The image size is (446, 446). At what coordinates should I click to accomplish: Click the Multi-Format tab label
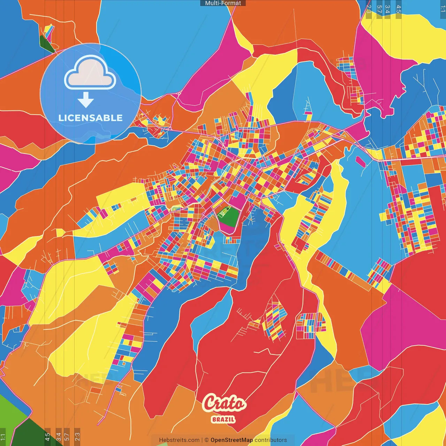coord(223,3)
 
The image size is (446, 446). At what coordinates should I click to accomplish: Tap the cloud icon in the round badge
coord(90,72)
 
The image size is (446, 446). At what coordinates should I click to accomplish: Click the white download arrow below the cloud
coord(86,100)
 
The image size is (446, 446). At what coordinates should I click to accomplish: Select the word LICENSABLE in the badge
coord(90,118)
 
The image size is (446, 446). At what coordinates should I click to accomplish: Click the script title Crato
coord(224,403)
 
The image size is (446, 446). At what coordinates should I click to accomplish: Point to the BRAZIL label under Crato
coord(223,419)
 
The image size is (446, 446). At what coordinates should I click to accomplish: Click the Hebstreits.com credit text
coord(179,440)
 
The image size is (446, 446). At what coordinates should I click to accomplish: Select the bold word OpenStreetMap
coord(231,440)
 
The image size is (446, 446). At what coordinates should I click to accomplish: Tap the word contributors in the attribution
coord(271,440)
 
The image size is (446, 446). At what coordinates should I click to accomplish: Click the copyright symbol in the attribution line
coord(206,440)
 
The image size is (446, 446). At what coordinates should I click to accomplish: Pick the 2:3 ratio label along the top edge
coord(369,9)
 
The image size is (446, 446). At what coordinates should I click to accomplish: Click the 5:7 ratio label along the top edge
coord(379,9)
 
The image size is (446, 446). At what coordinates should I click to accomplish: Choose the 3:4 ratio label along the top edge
coord(387,9)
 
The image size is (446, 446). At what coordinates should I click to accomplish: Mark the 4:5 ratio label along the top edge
coord(399,9)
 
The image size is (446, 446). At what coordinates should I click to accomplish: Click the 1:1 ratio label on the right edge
coord(443,9)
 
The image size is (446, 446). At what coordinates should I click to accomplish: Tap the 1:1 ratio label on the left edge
coord(3,437)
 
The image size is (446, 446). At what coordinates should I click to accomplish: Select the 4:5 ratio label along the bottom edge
coord(47,437)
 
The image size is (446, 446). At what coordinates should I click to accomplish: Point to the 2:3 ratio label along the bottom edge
coord(77,437)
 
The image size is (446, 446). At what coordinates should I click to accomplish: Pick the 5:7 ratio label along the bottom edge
coord(67,437)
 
